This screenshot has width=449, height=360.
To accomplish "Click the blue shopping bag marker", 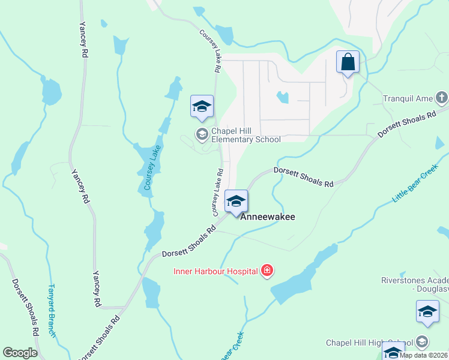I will tap(348, 62).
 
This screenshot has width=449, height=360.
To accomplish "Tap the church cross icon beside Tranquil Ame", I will tap(442, 97).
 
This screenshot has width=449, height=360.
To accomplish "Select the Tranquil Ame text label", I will tap(408, 98).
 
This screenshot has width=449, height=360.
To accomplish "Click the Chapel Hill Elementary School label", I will tap(246, 136).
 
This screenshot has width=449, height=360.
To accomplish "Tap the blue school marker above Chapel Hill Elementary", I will tap(202, 107).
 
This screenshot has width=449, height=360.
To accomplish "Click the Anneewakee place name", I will tap(268, 217).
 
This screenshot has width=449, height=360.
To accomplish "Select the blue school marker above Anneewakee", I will tap(237, 202).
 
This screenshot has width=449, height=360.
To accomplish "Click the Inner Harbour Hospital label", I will tap(216, 271).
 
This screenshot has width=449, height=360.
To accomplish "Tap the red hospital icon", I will tap(268, 271).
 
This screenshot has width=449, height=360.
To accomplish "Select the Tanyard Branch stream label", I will tap(52, 310).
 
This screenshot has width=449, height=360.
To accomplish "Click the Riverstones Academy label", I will tap(415, 284).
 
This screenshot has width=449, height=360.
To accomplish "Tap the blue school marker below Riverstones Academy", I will tap(427, 312).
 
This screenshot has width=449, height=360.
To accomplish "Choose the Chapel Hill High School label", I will tap(370, 343).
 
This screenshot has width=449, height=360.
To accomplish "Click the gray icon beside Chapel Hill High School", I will tap(422, 342).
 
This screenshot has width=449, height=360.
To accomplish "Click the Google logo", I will tap(20, 352).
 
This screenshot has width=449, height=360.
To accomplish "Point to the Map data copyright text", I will tap(424, 355).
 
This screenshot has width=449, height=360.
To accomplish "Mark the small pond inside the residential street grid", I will tap(282, 97).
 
